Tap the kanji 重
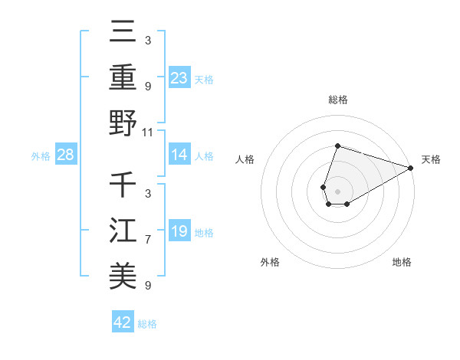pyautogui.click(x=123, y=77)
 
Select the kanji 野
pyautogui.click(x=123, y=123)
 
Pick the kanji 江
pyautogui.click(x=123, y=231)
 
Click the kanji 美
pyautogui.click(x=123, y=276)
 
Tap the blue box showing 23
pyautogui.click(x=179, y=77)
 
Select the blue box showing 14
pyautogui.click(x=179, y=155)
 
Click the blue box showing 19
pyautogui.click(x=179, y=231)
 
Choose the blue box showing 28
pyautogui.click(x=66, y=155)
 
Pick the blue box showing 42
pyautogui.click(x=123, y=322)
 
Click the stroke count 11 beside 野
pyautogui.click(x=148, y=132)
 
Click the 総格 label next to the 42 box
pyautogui.click(x=147, y=324)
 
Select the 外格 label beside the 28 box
pyautogui.click(x=41, y=156)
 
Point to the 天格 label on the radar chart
pyautogui.click(x=431, y=159)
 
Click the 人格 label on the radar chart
pyautogui.click(x=245, y=159)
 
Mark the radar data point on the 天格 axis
pyautogui.click(x=411, y=168)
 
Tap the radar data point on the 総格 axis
pyautogui.click(x=337, y=146)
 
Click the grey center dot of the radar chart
pyautogui.click(x=337, y=191)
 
